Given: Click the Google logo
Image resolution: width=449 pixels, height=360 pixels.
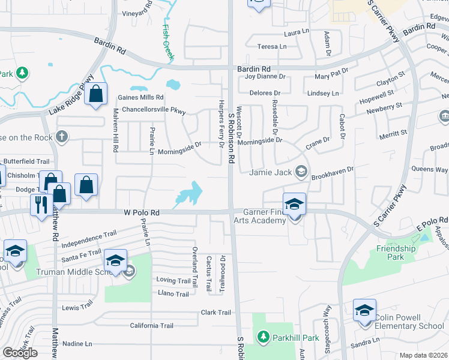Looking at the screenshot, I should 20,353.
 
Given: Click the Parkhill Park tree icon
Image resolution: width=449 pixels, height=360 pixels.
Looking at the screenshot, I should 262,338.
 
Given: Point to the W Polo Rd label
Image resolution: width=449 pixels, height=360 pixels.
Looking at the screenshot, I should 142,212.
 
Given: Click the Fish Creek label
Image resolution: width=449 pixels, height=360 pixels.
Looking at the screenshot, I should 170,40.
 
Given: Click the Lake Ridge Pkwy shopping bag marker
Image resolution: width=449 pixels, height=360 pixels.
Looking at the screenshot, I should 95,94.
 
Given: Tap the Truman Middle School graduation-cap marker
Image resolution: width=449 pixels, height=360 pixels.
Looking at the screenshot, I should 115,260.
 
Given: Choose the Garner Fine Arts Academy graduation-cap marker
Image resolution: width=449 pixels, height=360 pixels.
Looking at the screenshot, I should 294,203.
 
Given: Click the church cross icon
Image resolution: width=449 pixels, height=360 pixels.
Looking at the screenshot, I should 61,136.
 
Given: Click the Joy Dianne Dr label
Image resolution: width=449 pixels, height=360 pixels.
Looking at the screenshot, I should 265,77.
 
